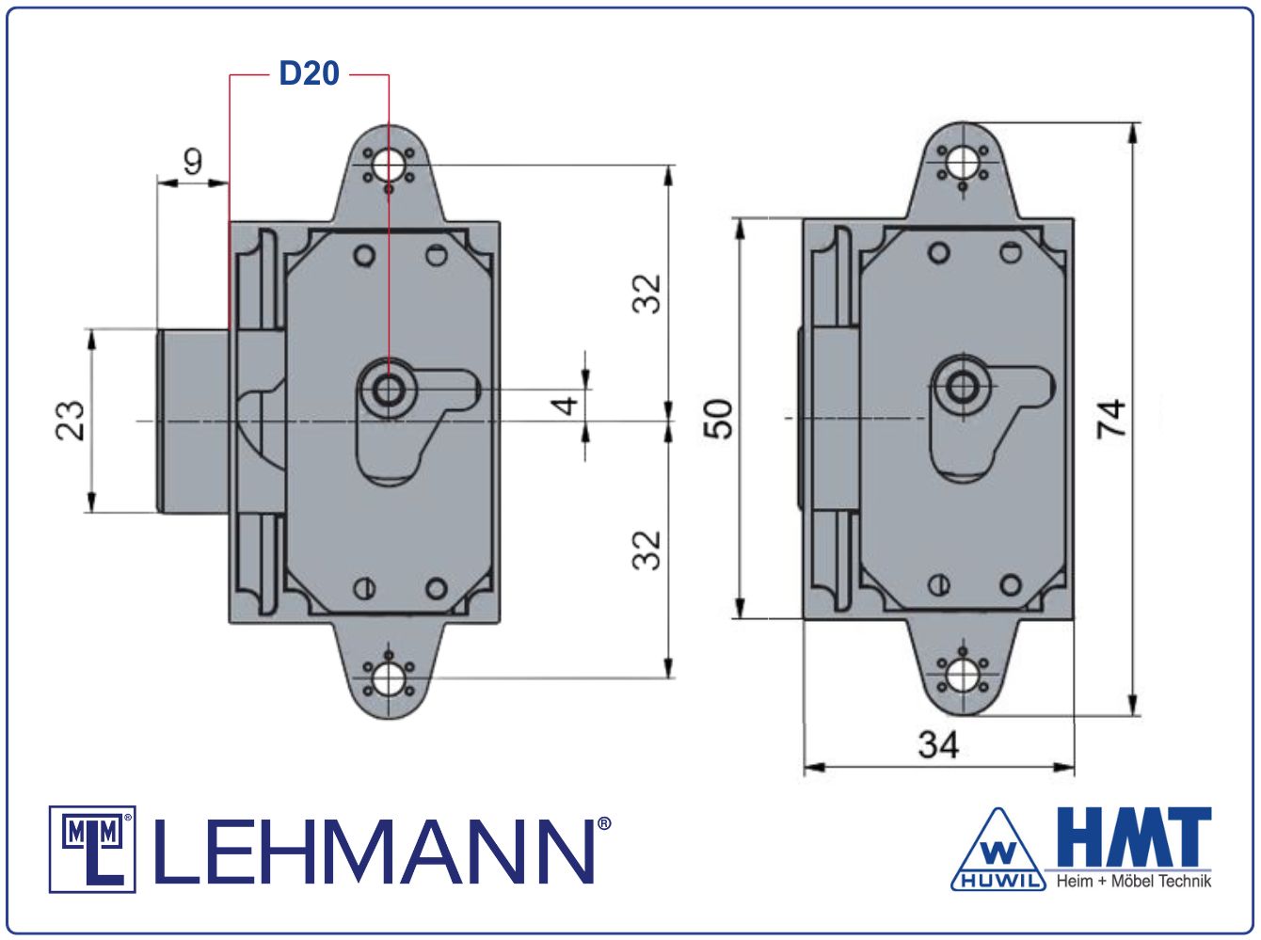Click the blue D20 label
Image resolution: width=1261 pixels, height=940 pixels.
309,73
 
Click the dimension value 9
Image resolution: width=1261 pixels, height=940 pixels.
192,162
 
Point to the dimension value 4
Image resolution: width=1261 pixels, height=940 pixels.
565,406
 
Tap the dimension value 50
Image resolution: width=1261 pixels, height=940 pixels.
718,419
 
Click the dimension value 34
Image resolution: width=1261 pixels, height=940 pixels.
938,745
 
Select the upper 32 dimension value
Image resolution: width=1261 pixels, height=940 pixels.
647,293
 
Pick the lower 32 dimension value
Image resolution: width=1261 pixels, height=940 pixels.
647,550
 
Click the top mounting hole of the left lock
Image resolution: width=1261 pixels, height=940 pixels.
388,167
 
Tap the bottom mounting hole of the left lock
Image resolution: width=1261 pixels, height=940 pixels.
388,677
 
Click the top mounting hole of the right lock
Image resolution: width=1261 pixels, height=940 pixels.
963,163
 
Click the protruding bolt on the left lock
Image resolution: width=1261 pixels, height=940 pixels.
193,421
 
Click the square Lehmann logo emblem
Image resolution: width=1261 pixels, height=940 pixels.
92,849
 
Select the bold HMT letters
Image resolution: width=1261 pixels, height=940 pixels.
1133,836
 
